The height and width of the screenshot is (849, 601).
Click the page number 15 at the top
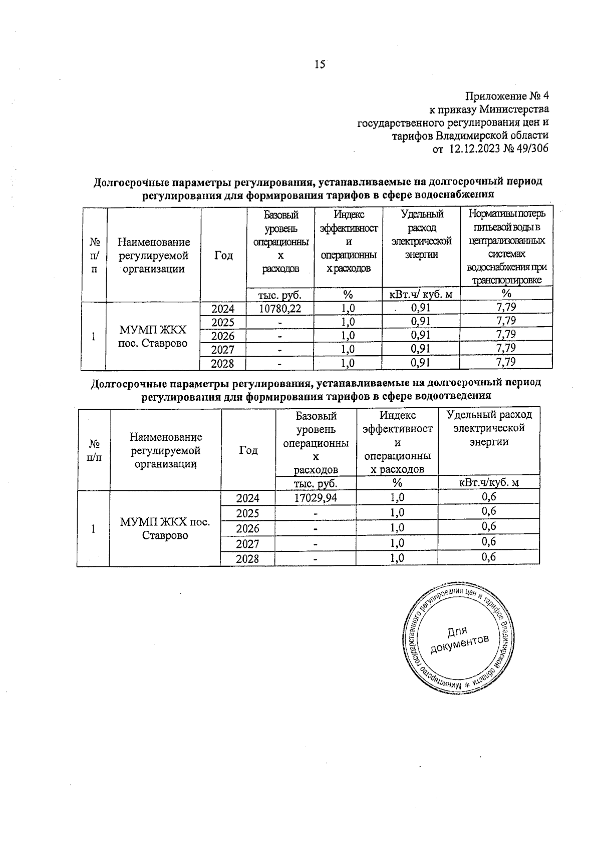point(320,64)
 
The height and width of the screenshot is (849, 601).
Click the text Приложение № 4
point(507,96)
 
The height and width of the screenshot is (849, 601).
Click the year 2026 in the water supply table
point(223,336)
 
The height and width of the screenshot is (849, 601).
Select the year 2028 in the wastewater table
point(247,558)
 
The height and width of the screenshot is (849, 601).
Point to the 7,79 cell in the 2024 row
point(506,307)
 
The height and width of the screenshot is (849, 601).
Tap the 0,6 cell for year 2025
point(489,511)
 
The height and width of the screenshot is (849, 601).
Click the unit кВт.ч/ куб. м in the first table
point(421,294)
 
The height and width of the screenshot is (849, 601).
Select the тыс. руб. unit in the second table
point(315,483)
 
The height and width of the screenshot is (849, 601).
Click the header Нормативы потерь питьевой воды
point(506,221)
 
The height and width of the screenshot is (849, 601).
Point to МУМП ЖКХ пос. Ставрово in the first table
point(153,336)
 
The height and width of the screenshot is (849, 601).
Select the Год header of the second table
point(248,450)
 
